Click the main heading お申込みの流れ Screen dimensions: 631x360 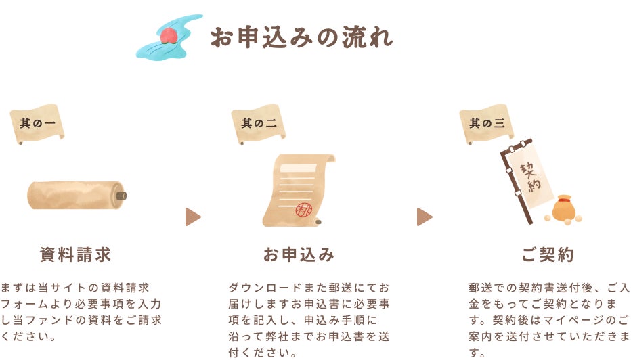coord(301,37)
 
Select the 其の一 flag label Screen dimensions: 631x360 coord(38,123)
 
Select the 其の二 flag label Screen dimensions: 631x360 coord(259,123)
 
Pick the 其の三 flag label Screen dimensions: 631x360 coord(487,123)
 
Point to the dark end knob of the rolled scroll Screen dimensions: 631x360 coord(121,196)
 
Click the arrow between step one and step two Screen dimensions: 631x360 coord(193,217)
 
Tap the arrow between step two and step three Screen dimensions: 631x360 coord(425,217)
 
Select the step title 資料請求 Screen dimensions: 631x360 coord(75,255)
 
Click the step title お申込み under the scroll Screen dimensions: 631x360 coord(299,255)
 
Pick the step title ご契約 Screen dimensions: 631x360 coord(548,255)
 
